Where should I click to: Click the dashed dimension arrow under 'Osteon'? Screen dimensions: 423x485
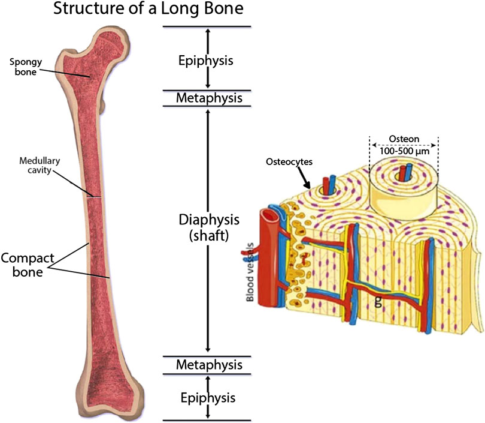tap(405, 145)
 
